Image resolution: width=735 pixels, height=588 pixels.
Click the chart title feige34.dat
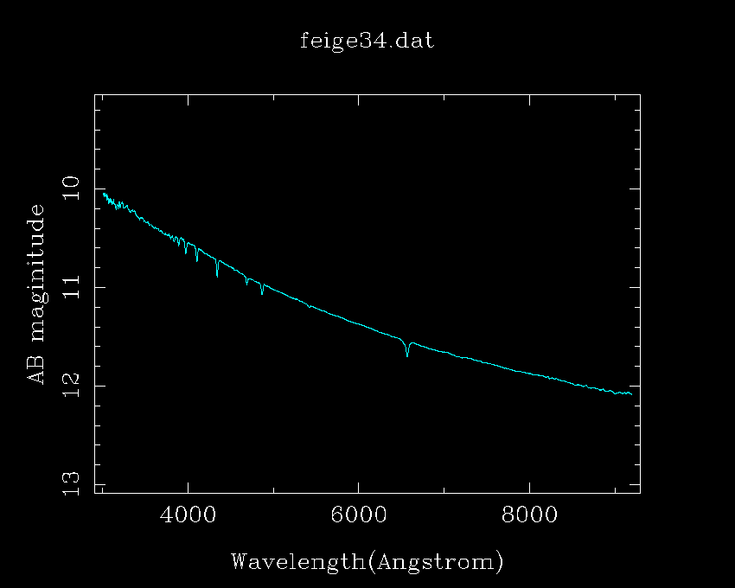point(367,41)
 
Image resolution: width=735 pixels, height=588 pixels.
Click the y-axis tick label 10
point(72,188)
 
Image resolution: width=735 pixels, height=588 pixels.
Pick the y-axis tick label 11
point(72,287)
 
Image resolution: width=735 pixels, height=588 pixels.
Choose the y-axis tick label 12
point(72,386)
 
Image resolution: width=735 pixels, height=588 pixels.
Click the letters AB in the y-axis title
point(36,370)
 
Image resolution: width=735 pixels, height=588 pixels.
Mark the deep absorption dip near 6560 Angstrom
point(407,355)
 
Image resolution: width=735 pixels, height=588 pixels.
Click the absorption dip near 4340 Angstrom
point(217,275)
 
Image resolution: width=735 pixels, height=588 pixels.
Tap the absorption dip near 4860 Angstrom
point(262,293)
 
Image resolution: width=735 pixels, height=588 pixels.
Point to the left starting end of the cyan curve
point(103,193)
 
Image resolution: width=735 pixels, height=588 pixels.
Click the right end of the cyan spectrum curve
point(631,394)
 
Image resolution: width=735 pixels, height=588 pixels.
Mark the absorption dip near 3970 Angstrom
point(186,252)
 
